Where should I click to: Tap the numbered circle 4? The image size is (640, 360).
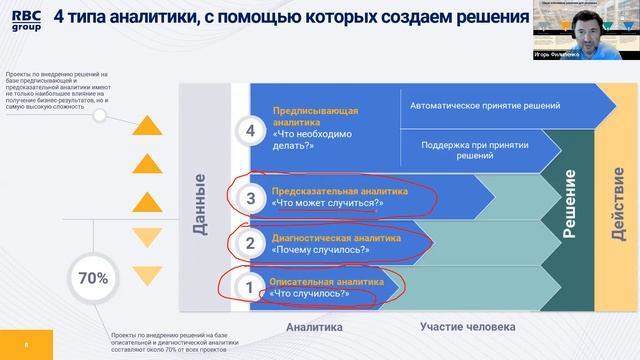[250, 131]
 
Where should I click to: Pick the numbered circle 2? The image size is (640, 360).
[251, 243]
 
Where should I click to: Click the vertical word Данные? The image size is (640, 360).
[199, 205]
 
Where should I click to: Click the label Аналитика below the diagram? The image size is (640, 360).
[314, 327]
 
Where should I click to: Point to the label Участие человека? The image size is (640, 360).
[467, 327]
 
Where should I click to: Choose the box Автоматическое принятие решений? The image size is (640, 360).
[485, 104]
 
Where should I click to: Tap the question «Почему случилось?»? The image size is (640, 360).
[316, 249]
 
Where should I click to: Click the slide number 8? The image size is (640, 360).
[27, 345]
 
